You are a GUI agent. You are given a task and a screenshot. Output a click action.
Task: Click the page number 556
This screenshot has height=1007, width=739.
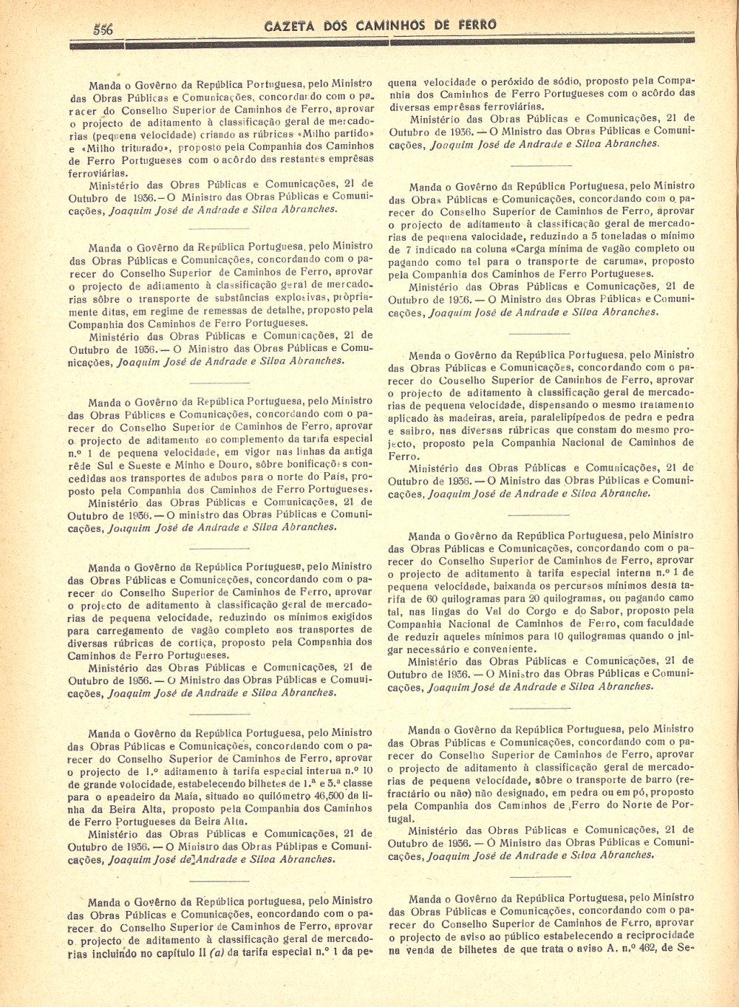(103, 29)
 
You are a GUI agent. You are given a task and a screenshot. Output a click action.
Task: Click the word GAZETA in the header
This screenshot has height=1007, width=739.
(289, 26)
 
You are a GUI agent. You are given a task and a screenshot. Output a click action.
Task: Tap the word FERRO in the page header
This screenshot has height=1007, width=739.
(477, 25)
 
